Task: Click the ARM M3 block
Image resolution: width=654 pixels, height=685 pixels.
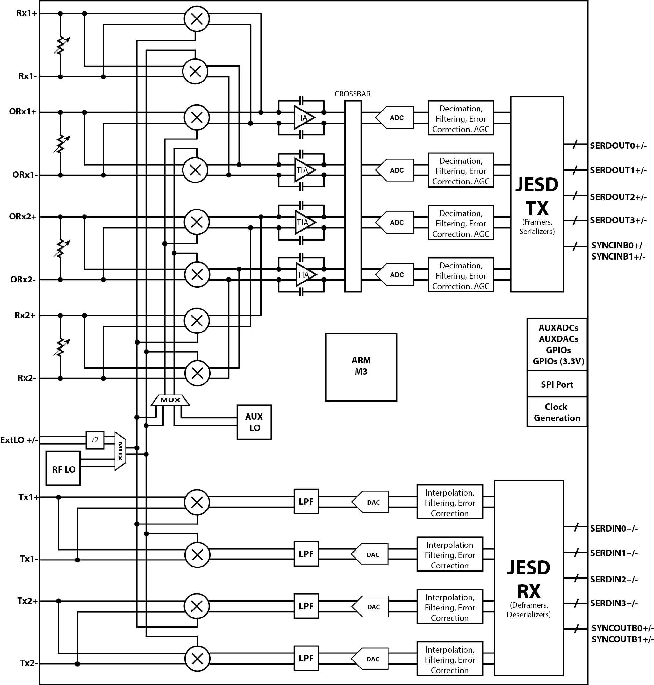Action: pyautogui.click(x=361, y=367)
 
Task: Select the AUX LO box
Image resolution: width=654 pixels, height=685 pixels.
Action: pyautogui.click(x=254, y=422)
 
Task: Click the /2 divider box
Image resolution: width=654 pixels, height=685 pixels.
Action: pyautogui.click(x=95, y=440)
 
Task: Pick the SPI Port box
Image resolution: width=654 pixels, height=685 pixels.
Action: pyautogui.click(x=557, y=384)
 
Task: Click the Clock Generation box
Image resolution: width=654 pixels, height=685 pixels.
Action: pyautogui.click(x=557, y=412)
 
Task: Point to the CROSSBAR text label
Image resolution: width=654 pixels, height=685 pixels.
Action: pyautogui.click(x=352, y=94)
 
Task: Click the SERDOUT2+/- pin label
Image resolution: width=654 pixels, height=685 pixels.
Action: pyautogui.click(x=618, y=197)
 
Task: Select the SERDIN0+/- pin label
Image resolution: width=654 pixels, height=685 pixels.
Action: pyautogui.click(x=614, y=529)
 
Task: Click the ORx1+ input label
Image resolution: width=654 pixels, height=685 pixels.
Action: pyautogui.click(x=23, y=112)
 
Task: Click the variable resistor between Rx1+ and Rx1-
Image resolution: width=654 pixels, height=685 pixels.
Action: pyautogui.click(x=61, y=46)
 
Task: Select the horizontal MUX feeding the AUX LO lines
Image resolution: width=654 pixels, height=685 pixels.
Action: pyautogui.click(x=170, y=400)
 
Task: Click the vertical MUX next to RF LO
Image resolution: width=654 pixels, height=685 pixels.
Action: pyautogui.click(x=120, y=451)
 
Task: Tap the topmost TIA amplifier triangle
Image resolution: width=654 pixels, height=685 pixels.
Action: pyautogui.click(x=303, y=118)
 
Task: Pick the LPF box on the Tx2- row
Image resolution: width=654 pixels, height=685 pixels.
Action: pyautogui.click(x=306, y=658)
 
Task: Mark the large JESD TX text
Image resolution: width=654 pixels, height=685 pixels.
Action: pyautogui.click(x=537, y=196)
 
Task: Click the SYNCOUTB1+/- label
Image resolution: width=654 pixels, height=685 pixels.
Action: pyautogui.click(x=622, y=639)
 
